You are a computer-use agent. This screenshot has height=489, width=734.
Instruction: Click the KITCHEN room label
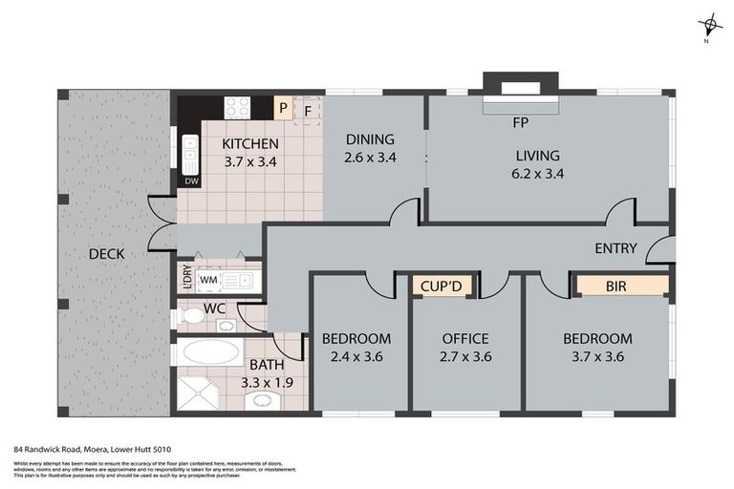pyautogui.click(x=249, y=144)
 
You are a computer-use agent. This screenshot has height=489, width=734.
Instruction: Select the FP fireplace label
pyautogui.click(x=521, y=122)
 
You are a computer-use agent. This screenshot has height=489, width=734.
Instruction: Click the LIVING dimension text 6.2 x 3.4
pyautogui.click(x=538, y=175)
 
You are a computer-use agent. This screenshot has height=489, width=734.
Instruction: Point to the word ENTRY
pyautogui.click(x=615, y=248)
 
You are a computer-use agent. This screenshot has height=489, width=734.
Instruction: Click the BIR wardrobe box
pyautogui.click(x=620, y=285)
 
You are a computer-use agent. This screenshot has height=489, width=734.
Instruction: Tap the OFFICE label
pyautogui.click(x=465, y=339)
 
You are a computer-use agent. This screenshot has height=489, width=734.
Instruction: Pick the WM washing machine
pyautogui.click(x=208, y=281)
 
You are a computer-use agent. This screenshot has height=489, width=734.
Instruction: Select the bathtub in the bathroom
pyautogui.click(x=210, y=351)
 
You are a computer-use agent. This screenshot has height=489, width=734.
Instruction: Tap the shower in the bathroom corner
pyautogui.click(x=196, y=393)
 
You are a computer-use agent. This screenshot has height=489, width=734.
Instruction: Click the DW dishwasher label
pyautogui.click(x=191, y=181)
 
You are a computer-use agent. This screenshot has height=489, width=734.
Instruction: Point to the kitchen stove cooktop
pyautogui.click(x=237, y=107)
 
